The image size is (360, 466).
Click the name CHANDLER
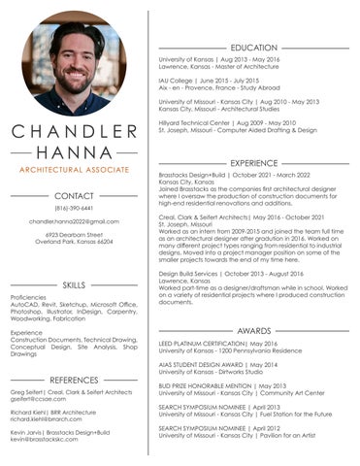74,132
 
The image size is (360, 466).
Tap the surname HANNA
74,151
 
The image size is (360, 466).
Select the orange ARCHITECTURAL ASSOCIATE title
74,170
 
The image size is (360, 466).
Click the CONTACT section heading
74,195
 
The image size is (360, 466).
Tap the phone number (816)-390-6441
74,208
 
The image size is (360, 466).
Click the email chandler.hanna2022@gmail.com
74,221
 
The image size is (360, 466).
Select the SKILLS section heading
74,284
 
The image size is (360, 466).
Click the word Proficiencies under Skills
29,297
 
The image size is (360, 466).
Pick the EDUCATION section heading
254,48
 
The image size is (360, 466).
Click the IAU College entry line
210,81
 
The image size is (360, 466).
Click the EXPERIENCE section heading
254,162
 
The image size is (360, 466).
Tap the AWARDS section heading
254,330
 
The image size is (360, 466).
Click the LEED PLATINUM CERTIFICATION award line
217,343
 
